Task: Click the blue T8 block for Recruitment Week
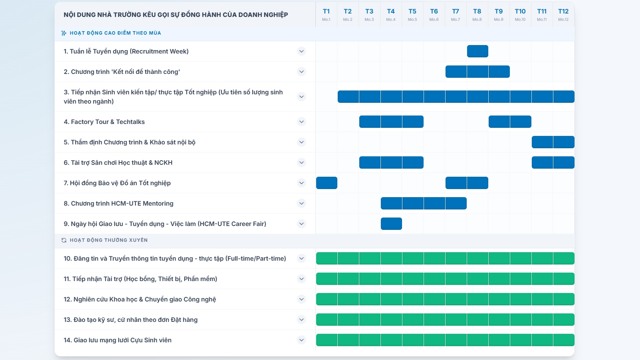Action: [x=477, y=51]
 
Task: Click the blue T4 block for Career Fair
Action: [x=391, y=224]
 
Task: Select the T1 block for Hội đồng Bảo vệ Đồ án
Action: [x=327, y=183]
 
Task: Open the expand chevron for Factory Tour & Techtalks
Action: [x=301, y=122]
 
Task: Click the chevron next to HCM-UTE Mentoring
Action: [x=301, y=203]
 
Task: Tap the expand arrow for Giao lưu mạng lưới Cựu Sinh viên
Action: [x=301, y=340]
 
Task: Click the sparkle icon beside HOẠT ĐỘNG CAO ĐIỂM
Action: [x=64, y=33]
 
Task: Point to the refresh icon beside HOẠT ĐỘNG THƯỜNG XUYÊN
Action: [x=64, y=240]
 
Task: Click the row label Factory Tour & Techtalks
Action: [x=104, y=122]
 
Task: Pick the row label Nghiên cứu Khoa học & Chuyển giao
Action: [x=140, y=300]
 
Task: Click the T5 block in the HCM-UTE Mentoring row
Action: [x=413, y=203]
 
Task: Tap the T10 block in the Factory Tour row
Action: [x=521, y=122]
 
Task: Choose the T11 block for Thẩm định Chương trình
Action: [x=542, y=142]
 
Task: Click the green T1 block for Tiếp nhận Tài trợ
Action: [x=327, y=279]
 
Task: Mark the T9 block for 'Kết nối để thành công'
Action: [x=499, y=72]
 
